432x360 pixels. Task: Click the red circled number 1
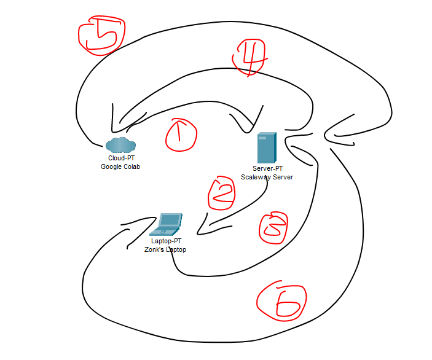[x=181, y=135]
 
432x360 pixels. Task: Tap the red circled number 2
[x=221, y=193]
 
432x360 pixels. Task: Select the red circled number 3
[x=273, y=227]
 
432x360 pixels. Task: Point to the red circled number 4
[x=249, y=57]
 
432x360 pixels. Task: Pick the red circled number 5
[x=101, y=35]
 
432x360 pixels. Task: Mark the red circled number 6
[x=281, y=301]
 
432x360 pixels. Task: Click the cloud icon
[x=120, y=144]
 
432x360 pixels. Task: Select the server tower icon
[x=267, y=147]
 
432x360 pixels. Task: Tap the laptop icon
[x=166, y=224]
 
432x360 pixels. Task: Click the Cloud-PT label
[x=121, y=158]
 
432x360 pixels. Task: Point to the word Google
[x=109, y=166]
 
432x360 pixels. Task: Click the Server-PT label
[x=267, y=168]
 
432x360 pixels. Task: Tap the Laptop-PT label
[x=166, y=241]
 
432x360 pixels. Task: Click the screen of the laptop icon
[x=170, y=220]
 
